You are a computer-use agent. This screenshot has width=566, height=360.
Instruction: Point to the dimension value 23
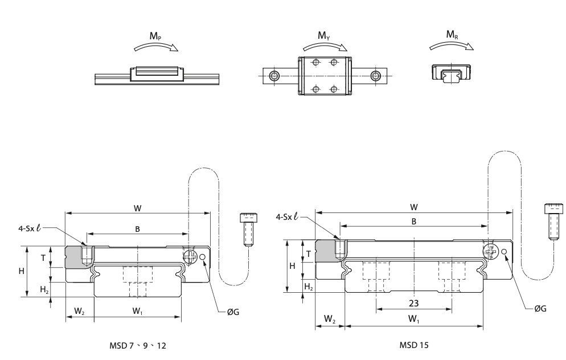(414, 302)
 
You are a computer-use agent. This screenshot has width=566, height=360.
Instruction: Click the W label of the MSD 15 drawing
(414, 206)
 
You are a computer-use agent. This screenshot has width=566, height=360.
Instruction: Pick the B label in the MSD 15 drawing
(414, 220)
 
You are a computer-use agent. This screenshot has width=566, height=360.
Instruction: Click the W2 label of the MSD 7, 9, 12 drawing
(80, 310)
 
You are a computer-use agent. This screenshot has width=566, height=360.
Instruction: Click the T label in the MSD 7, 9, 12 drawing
(43, 257)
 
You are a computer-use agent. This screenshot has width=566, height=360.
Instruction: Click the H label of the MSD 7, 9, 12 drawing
(22, 271)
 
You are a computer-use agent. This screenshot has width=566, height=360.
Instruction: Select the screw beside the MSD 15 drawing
(551, 222)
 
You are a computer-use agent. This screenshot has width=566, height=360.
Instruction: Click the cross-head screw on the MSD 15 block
(490, 251)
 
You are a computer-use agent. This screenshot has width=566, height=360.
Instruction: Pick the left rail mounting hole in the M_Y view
(274, 76)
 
